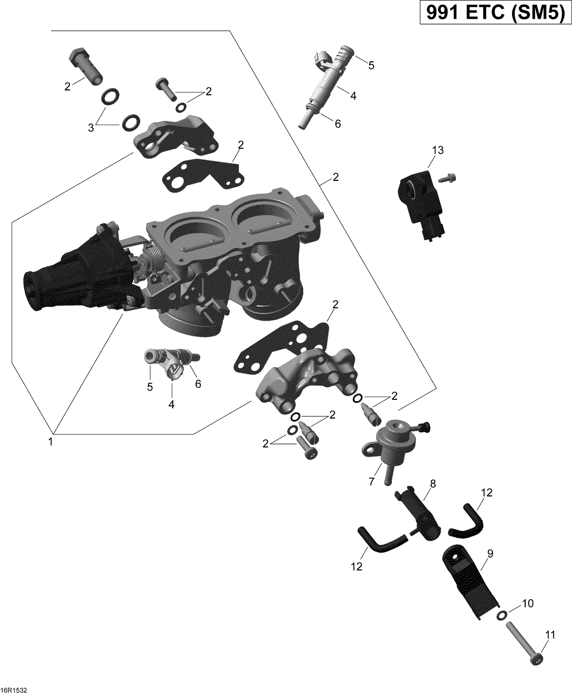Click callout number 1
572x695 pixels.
[x=50, y=442]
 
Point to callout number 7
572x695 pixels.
[x=371, y=481]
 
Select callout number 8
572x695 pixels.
[x=432, y=484]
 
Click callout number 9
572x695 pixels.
[x=490, y=553]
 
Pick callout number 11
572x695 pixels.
[x=550, y=635]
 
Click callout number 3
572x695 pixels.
[x=91, y=128]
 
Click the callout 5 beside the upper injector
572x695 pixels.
[x=371, y=66]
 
